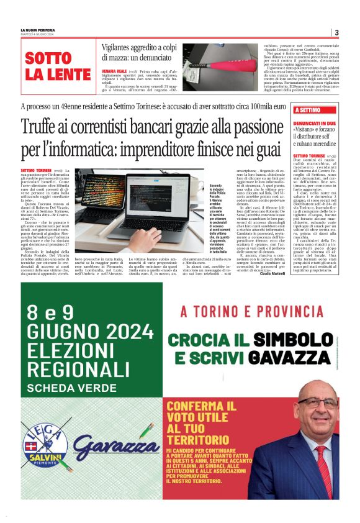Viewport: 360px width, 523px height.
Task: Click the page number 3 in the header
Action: click(336, 32)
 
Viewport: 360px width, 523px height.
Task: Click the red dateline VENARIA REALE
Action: click(114, 71)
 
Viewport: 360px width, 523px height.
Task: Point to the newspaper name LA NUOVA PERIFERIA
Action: click(37, 30)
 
